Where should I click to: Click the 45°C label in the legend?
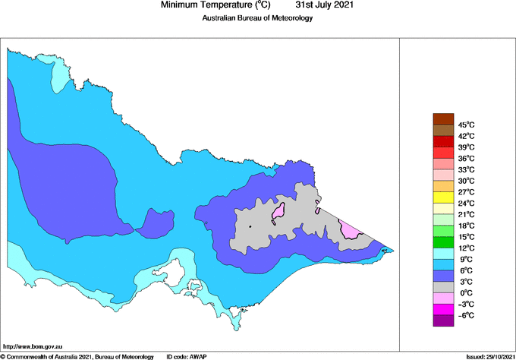(466, 125)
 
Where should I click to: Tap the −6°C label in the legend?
(466, 315)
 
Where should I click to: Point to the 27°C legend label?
(466, 192)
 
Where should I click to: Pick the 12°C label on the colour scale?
(466, 248)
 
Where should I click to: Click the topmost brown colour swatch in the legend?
(442, 118)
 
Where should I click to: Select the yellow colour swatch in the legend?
(442, 197)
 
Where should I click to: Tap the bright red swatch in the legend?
(442, 153)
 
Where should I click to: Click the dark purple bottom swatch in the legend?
(442, 321)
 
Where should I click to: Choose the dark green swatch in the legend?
(442, 242)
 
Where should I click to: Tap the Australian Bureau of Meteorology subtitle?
(257, 18)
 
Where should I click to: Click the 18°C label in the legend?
(466, 226)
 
